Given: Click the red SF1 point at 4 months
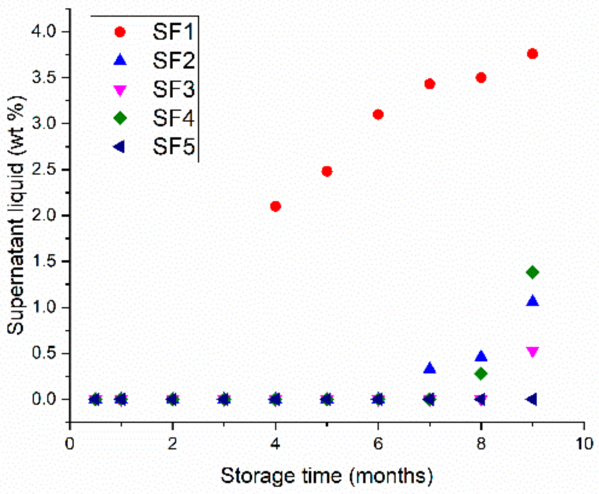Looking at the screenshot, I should pyautogui.click(x=275, y=206).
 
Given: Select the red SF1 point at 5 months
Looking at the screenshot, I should pyautogui.click(x=327, y=171).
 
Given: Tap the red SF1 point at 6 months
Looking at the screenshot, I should pyautogui.click(x=378, y=114).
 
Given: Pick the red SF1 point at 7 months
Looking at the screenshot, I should pyautogui.click(x=429, y=84).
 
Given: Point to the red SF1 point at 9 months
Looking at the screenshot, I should pyautogui.click(x=532, y=54).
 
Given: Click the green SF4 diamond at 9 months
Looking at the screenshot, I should pyautogui.click(x=532, y=272).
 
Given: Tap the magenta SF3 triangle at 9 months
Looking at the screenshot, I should pyautogui.click(x=532, y=352).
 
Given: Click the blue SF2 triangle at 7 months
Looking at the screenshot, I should pyautogui.click(x=429, y=368).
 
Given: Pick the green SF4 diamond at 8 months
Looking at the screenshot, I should pyautogui.click(x=481, y=374).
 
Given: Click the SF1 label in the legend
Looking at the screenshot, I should pyautogui.click(x=174, y=32).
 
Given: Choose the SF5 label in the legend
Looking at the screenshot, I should pyautogui.click(x=174, y=147).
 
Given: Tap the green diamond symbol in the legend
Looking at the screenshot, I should pyautogui.click(x=120, y=118).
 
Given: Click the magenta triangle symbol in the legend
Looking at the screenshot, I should pyautogui.click(x=120, y=90).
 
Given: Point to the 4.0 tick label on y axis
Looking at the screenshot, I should pyautogui.click(x=44, y=31).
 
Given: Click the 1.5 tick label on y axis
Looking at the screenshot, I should pyautogui.click(x=44, y=261).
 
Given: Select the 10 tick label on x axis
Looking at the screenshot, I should pyautogui.click(x=584, y=443).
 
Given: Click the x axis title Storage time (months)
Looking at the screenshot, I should pyautogui.click(x=327, y=476).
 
